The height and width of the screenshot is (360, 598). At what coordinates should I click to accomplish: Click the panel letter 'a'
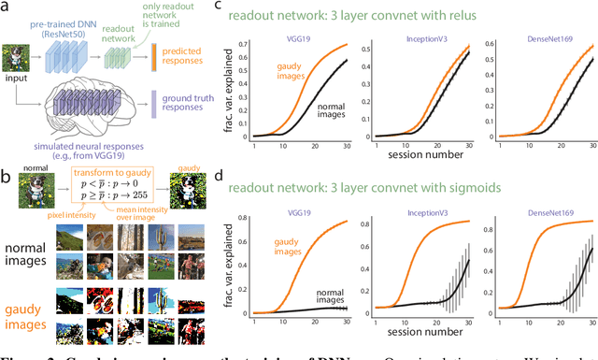[x=8, y=8]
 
